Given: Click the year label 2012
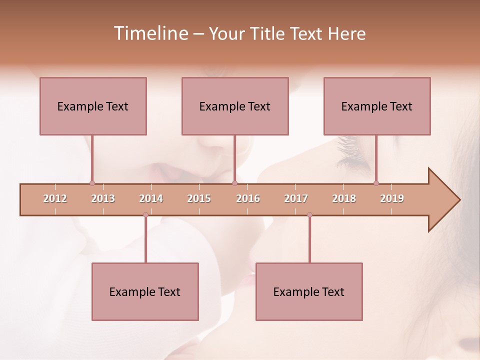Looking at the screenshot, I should click(x=55, y=198).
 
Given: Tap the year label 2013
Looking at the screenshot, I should click(x=103, y=198).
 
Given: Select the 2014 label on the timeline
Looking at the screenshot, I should click(x=151, y=198).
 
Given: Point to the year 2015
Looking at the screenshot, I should click(x=199, y=198).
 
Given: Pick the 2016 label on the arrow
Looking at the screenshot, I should click(x=248, y=198).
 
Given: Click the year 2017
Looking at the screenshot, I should click(x=296, y=198).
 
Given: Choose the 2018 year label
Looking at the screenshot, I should click(x=344, y=198).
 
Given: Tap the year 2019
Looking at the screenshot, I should click(x=392, y=198).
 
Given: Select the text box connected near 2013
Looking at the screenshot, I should click(x=93, y=106).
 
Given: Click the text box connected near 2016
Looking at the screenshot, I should click(x=235, y=106).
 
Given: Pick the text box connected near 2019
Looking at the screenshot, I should click(x=377, y=106).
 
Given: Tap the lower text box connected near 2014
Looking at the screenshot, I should click(x=145, y=291).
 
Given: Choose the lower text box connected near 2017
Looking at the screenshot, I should click(x=309, y=291).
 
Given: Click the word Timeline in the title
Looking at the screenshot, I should click(x=150, y=33).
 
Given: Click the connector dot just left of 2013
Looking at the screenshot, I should click(x=92, y=183).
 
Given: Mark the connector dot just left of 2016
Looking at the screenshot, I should click(x=234, y=183).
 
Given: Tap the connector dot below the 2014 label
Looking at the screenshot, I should click(x=145, y=215).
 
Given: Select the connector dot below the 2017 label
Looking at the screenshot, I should click(x=309, y=215).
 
